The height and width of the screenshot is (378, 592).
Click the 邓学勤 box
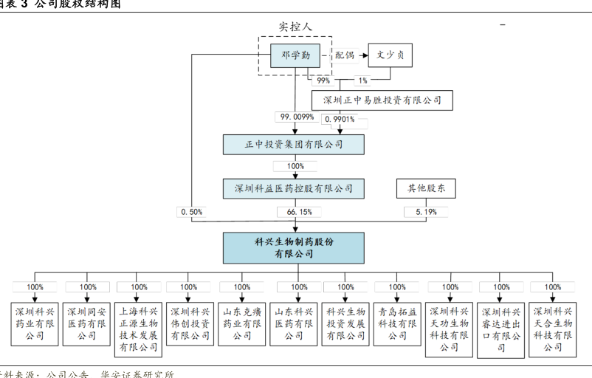click(295, 56)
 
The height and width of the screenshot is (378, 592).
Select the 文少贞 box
click(390, 55)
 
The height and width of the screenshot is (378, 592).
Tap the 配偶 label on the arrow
click(345, 55)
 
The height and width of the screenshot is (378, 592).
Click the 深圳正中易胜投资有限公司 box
click(382, 100)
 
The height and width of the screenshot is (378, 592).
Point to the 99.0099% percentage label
click(297, 117)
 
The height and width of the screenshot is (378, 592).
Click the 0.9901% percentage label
click(340, 118)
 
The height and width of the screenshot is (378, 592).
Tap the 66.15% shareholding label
click(300, 212)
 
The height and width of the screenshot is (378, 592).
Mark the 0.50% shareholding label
click(191, 212)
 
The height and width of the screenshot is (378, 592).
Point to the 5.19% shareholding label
click(426, 212)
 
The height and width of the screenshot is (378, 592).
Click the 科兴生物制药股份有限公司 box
click(294, 248)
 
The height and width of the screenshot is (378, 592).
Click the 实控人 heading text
click(295, 26)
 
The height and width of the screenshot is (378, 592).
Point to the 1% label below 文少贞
click(363, 80)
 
